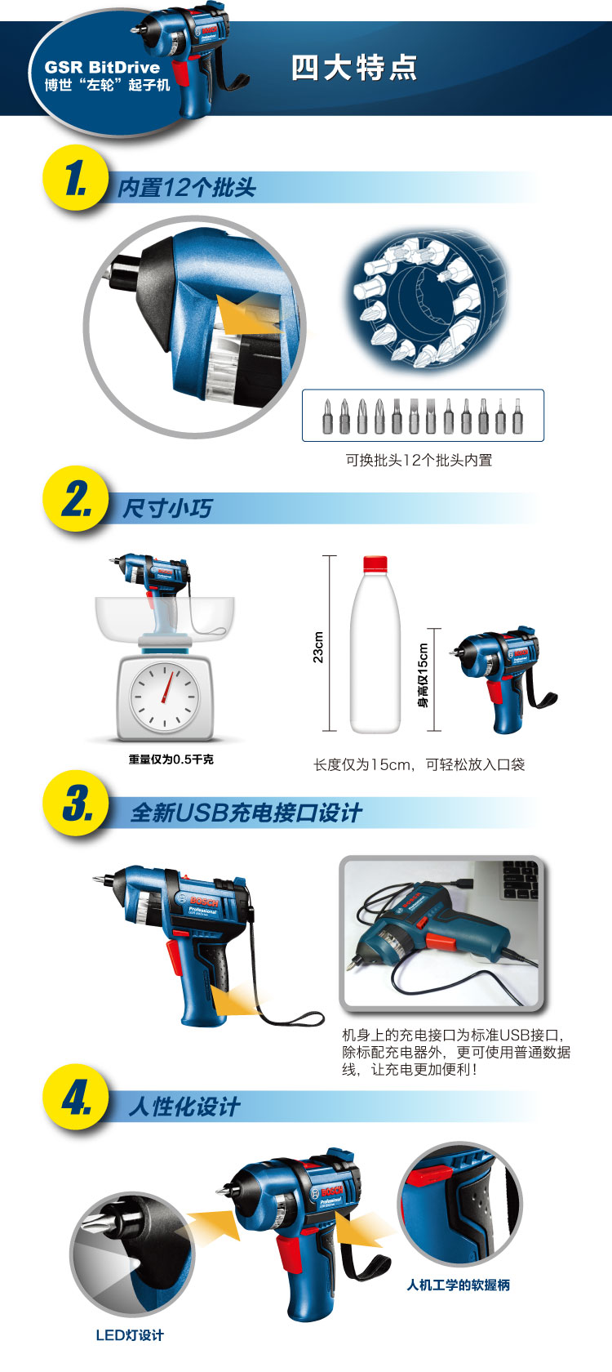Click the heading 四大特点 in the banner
coord(354,67)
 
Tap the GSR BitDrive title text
coord(102,67)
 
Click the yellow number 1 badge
coord(76,178)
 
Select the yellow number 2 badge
coord(76,498)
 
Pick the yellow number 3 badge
coord(76,803)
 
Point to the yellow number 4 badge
coord(76,1097)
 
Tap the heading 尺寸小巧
coord(167,508)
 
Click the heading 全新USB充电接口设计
coord(246,813)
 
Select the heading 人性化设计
coord(184,1107)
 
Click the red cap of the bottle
coord(375,563)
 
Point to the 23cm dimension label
coord(318,647)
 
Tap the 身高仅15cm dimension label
coord(423,675)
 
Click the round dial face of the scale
coord(164,697)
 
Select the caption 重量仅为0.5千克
coord(171,759)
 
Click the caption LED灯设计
coord(130,1335)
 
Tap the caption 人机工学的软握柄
coord(459,1285)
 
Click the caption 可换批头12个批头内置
coord(419,460)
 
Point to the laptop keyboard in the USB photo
coord(521,880)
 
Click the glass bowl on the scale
coord(165,619)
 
